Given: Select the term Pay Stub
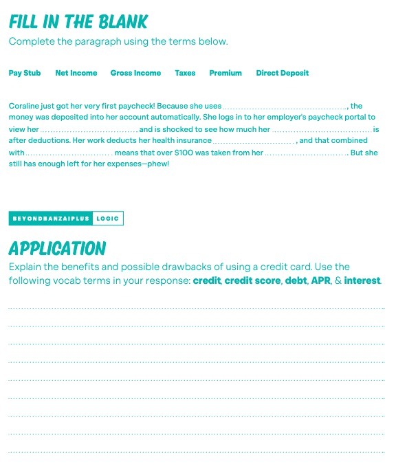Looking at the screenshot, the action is (25, 73).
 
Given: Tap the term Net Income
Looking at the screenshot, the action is (76, 73).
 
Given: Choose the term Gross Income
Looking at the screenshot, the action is (135, 73).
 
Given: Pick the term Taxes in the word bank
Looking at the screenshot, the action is (185, 73).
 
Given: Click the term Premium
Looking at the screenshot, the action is (225, 73).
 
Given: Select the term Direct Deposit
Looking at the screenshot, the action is (283, 73).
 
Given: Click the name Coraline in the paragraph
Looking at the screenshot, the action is (23, 106).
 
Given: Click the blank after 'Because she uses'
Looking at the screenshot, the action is (285, 107).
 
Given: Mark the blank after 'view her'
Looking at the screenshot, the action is (89, 130).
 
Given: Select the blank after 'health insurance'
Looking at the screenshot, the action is (254, 142).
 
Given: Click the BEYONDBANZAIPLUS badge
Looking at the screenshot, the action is (52, 219).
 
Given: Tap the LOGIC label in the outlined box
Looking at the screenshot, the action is (108, 219).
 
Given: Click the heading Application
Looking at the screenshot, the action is (57, 248).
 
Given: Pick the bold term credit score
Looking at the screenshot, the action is (252, 280).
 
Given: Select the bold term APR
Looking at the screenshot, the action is (320, 280).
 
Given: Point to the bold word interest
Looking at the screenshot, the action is (362, 280).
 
